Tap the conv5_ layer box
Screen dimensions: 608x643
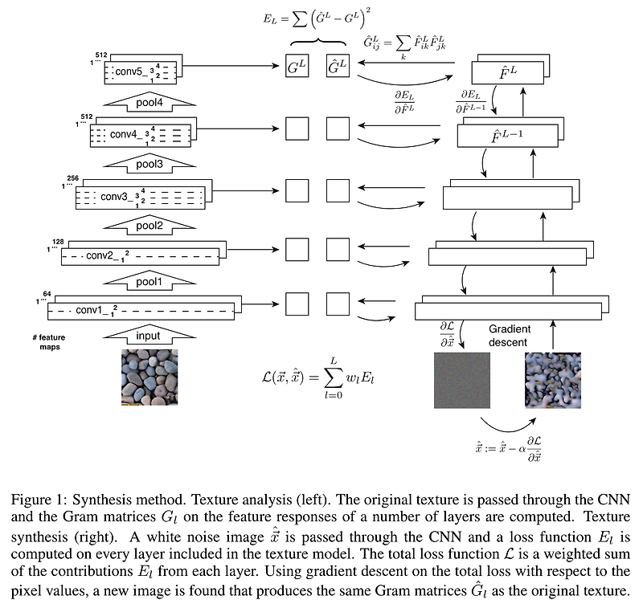pos(141,71)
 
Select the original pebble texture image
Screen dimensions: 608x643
pos(149,377)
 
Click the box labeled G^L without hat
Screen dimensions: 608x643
pos(297,69)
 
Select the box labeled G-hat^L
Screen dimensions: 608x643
pos(338,69)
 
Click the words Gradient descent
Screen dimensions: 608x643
pos(508,336)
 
